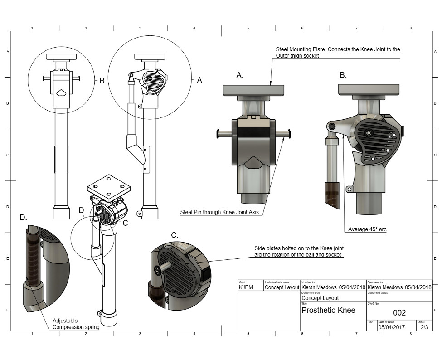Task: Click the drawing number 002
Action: coord(399,313)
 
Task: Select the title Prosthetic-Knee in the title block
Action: coord(328,311)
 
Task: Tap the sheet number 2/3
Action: coord(424,326)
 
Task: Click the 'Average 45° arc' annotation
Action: coord(367,229)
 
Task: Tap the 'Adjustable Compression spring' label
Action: coord(76,323)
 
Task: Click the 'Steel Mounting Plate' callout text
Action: coord(338,52)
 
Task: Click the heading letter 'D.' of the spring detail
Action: coord(24,217)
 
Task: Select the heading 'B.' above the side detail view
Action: coord(343,75)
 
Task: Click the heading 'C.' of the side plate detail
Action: coord(174,235)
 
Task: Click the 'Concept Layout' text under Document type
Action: coord(320,298)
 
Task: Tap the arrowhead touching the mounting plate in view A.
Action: coord(271,83)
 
